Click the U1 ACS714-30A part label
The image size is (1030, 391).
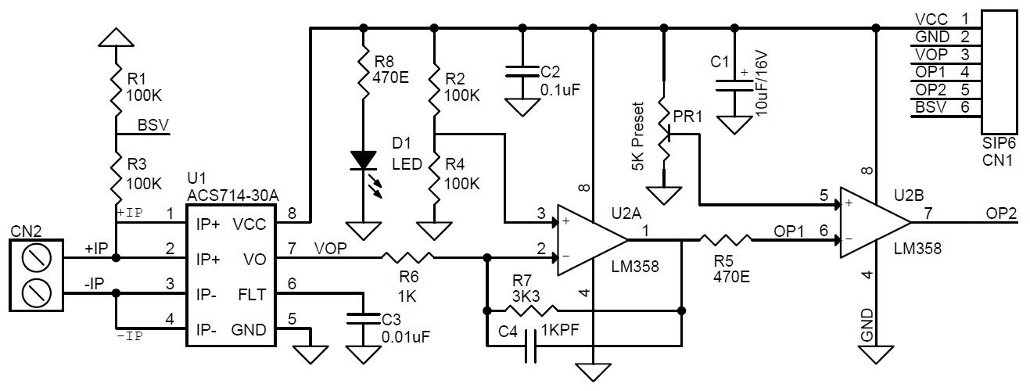point(233,187)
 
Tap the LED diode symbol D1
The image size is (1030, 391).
point(364,160)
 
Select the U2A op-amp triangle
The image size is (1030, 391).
point(592,240)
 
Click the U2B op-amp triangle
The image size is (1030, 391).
point(875,223)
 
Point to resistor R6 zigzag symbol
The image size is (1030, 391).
point(407,257)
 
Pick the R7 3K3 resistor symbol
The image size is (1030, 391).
point(532,311)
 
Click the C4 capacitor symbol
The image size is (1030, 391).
point(531,346)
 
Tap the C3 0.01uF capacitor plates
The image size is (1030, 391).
point(363,319)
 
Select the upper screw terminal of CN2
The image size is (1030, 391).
point(36,257)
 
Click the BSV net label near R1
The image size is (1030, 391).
point(153,124)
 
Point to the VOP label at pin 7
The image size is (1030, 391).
point(330,249)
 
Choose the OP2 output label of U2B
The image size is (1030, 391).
point(1001,213)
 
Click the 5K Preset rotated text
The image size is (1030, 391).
point(637,137)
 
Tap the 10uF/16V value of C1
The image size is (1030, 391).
point(760,83)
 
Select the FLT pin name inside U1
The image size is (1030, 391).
point(252,294)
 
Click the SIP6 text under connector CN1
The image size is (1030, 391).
point(997,143)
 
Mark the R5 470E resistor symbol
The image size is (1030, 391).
point(726,240)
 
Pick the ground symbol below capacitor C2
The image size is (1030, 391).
point(522,108)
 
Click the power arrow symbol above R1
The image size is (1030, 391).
point(117,38)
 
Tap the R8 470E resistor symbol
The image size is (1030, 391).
point(364,71)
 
